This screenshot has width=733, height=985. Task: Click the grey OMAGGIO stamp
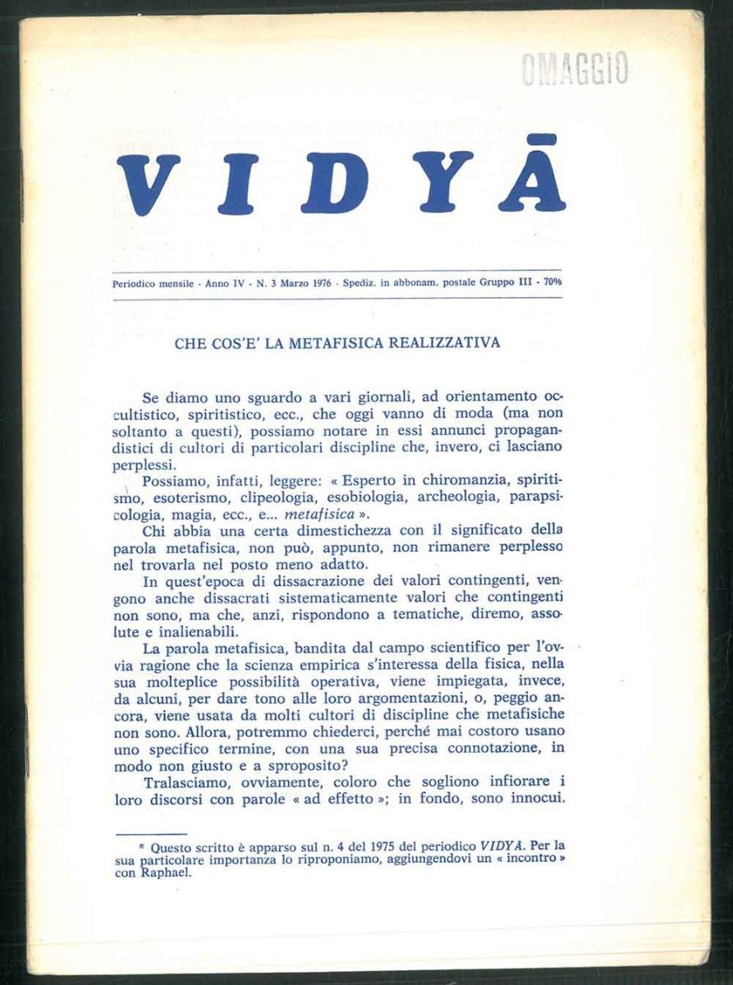(x=575, y=68)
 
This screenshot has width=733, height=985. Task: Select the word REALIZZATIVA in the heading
(x=442, y=343)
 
